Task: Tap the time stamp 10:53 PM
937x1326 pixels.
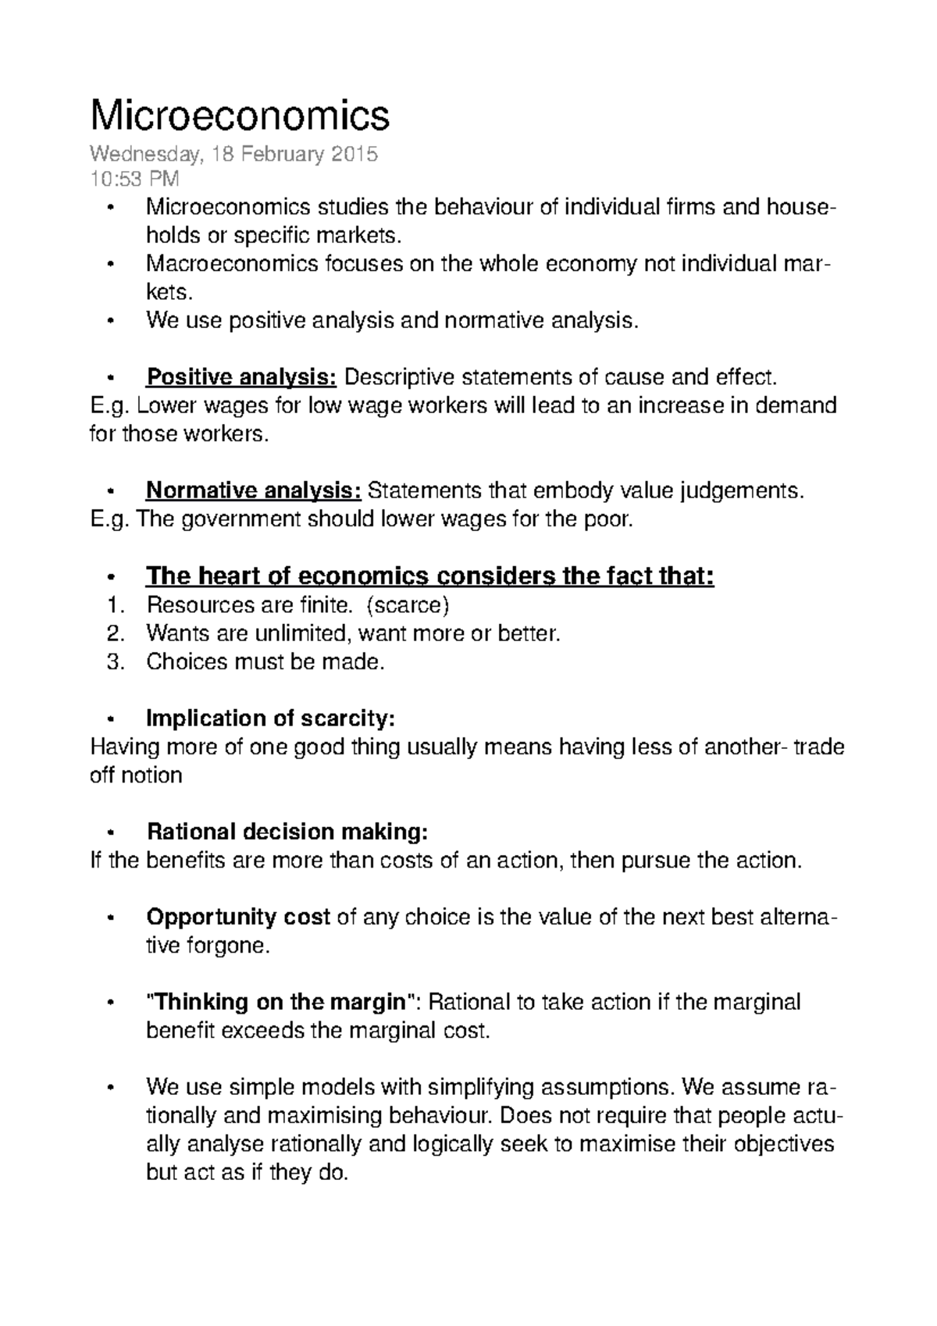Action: tap(134, 180)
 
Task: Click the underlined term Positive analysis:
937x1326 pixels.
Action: tap(241, 378)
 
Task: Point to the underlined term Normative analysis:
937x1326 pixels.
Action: tap(254, 491)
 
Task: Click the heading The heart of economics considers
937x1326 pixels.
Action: tap(429, 577)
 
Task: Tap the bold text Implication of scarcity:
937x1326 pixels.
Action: tap(271, 718)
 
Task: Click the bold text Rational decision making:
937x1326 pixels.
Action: tap(287, 832)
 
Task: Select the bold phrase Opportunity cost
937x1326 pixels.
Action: tap(238, 917)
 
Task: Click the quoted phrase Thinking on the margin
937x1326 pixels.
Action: tap(278, 1002)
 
